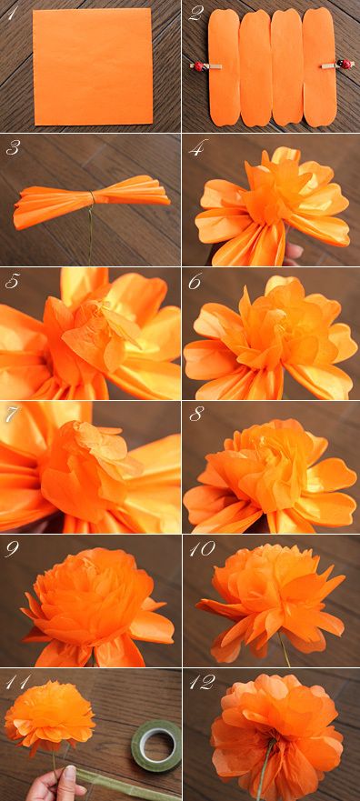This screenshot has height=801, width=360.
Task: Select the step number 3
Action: point(12,150)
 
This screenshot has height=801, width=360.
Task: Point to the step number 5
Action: point(11,282)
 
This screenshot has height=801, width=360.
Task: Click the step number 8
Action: point(195,415)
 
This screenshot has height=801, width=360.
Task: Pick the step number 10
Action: point(202,548)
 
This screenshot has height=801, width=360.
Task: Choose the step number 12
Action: point(202,682)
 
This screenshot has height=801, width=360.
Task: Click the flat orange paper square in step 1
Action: point(93,66)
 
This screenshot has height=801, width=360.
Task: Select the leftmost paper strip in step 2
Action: point(225,67)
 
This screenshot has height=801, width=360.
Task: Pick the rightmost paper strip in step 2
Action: point(319,67)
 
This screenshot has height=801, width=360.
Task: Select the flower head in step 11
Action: point(49,717)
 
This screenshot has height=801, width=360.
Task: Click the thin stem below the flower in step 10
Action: point(284,649)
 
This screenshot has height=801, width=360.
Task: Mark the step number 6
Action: point(195,282)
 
